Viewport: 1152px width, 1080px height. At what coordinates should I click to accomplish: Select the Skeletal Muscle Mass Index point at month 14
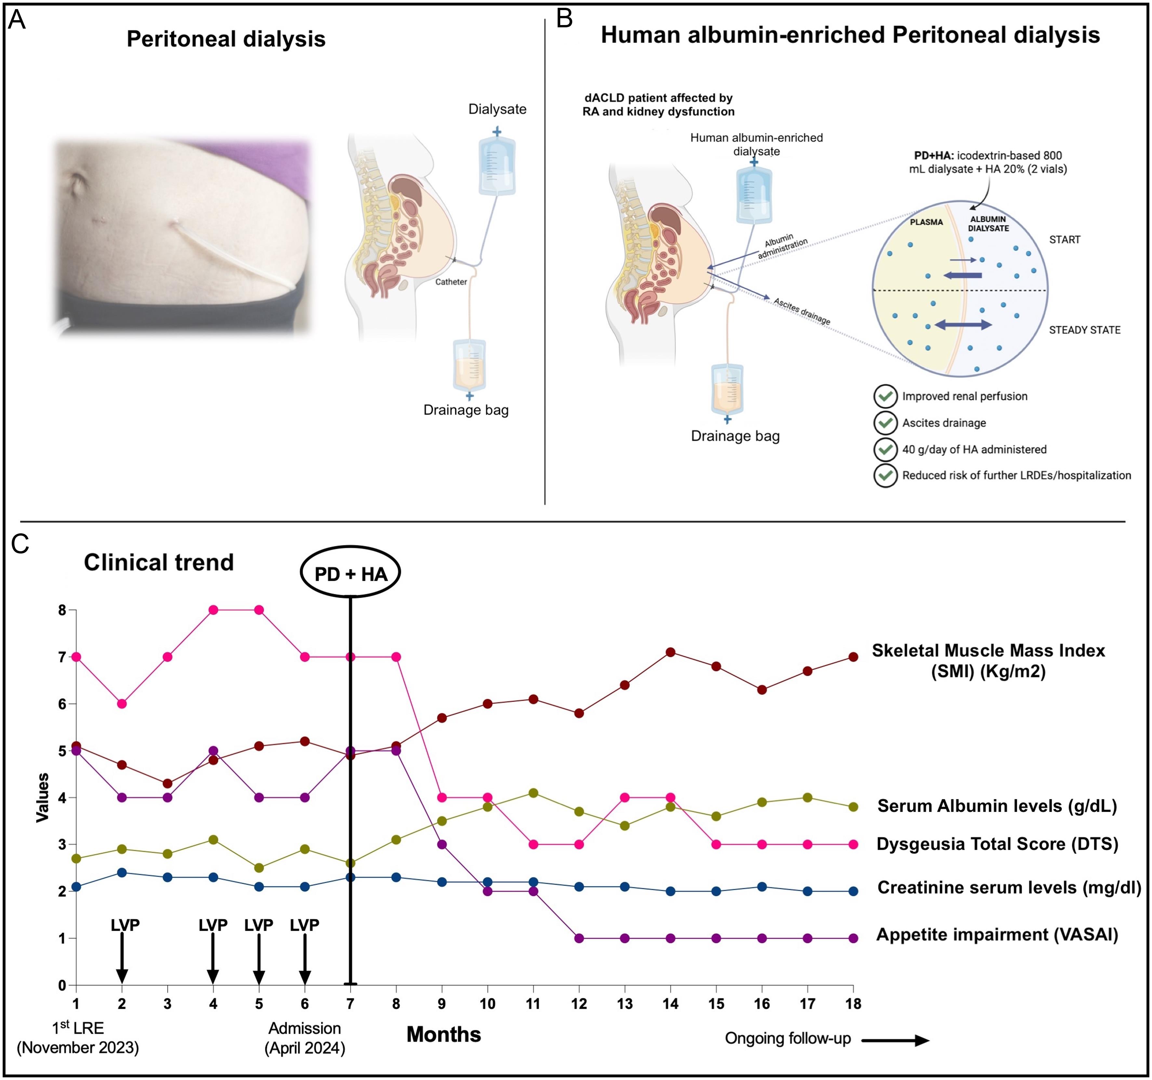click(670, 652)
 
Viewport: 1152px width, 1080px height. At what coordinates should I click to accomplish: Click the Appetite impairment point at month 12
click(578, 938)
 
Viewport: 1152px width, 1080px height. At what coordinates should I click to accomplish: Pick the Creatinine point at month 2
click(122, 873)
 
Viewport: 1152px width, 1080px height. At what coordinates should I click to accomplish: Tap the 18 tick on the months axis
click(853, 1004)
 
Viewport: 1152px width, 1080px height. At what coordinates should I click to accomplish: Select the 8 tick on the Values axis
click(62, 610)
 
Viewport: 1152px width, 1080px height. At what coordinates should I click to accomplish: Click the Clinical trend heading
click(159, 562)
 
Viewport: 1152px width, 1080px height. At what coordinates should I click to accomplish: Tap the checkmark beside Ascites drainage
click(885, 423)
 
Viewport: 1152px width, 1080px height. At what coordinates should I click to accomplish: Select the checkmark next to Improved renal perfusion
click(885, 396)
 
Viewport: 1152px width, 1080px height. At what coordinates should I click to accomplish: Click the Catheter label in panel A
click(451, 282)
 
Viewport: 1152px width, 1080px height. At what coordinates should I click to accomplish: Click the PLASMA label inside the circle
click(926, 222)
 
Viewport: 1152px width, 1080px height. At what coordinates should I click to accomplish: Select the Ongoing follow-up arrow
click(895, 1041)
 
